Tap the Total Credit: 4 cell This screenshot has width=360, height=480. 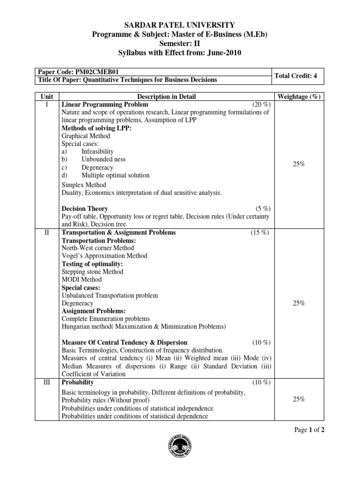click(x=299, y=75)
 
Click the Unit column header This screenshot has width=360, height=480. click(x=47, y=97)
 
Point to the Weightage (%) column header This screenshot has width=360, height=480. click(x=299, y=97)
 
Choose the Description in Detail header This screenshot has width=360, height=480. click(x=166, y=97)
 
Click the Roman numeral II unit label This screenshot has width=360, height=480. click(x=47, y=232)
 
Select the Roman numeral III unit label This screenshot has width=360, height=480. click(x=47, y=382)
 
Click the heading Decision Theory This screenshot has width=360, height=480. click(x=85, y=209)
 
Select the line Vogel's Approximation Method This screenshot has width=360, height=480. click(x=105, y=256)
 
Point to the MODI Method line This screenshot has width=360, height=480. click(x=82, y=280)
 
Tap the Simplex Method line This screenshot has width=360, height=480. click(x=84, y=185)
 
